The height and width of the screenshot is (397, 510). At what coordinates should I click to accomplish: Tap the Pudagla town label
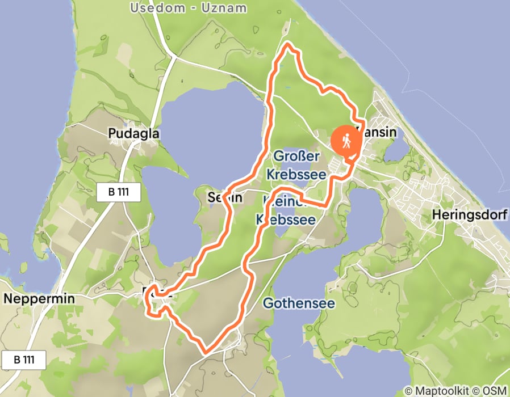(134, 133)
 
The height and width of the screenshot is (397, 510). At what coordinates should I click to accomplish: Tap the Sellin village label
(225, 198)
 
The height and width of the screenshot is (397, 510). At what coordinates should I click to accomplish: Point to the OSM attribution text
(493, 391)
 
